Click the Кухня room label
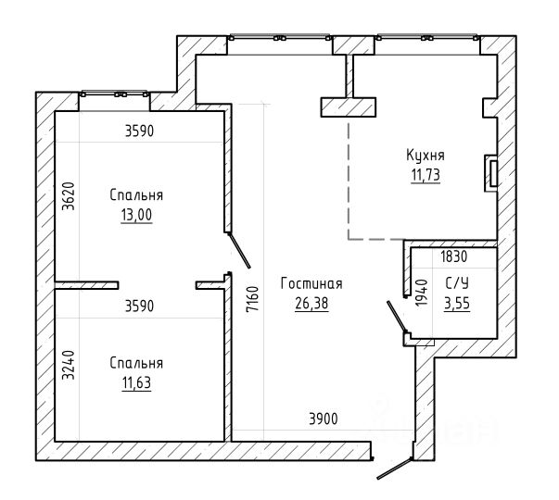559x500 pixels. click(426, 156)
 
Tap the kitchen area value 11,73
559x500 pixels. click(426, 175)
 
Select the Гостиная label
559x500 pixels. click(311, 284)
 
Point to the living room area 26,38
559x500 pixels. click(311, 304)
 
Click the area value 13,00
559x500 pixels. click(136, 215)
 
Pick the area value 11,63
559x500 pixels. click(136, 383)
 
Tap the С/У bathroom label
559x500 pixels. click(457, 283)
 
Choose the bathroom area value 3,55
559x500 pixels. click(457, 304)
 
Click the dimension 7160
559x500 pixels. click(252, 299)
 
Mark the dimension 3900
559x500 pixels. click(323, 419)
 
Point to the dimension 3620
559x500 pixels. click(68, 196)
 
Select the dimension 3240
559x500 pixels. click(68, 365)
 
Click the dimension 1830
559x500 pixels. click(454, 256)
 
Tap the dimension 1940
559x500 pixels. click(422, 293)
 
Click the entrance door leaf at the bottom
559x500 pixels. click(395, 469)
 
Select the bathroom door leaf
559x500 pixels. click(397, 317)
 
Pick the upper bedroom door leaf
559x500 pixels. click(238, 250)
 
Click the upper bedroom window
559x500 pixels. click(114, 94)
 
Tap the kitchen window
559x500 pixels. click(426, 37)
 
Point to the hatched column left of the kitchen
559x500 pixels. click(349, 107)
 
